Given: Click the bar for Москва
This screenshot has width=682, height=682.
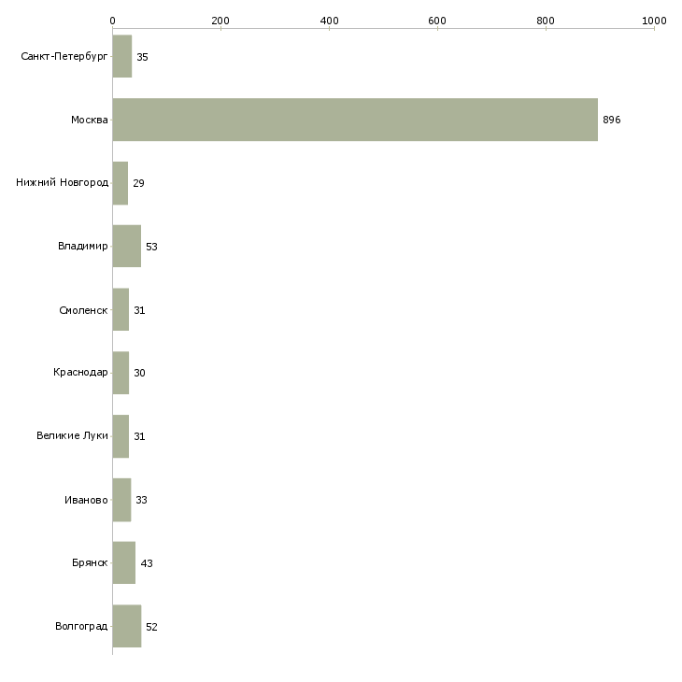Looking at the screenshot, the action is (x=355, y=120).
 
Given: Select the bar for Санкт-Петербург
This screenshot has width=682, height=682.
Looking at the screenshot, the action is (x=122, y=56).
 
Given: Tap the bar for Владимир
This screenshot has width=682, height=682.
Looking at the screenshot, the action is (x=126, y=247).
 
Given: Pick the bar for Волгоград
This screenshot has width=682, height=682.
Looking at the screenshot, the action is (x=126, y=626).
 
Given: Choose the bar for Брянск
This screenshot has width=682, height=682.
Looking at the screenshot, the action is (x=124, y=562).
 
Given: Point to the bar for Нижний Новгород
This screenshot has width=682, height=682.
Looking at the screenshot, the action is (x=121, y=183).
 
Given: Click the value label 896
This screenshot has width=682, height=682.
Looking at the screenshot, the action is (x=612, y=120).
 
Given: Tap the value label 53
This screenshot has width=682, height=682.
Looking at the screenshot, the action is (x=151, y=247).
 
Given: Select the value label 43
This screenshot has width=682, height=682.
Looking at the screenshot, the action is (x=147, y=563).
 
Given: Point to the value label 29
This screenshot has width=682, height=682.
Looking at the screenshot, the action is (x=138, y=183).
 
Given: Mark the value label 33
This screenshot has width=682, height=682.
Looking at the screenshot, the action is (x=141, y=500).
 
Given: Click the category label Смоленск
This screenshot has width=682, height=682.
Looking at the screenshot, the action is (x=83, y=310).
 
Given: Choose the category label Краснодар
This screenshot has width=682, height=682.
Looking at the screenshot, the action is (x=80, y=373).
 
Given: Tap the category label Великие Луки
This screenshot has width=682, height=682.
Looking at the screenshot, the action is (x=72, y=435).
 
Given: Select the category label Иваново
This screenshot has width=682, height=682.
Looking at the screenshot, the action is (x=86, y=500).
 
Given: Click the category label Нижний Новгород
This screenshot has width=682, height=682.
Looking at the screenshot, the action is (x=63, y=182).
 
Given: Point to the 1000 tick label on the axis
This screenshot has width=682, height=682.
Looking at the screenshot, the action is (x=654, y=21).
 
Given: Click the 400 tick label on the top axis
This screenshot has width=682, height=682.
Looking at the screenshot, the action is (x=329, y=21).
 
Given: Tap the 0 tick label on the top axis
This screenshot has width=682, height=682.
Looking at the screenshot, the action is (x=113, y=21).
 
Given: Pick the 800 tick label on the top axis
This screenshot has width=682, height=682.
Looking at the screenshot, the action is (x=546, y=21).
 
